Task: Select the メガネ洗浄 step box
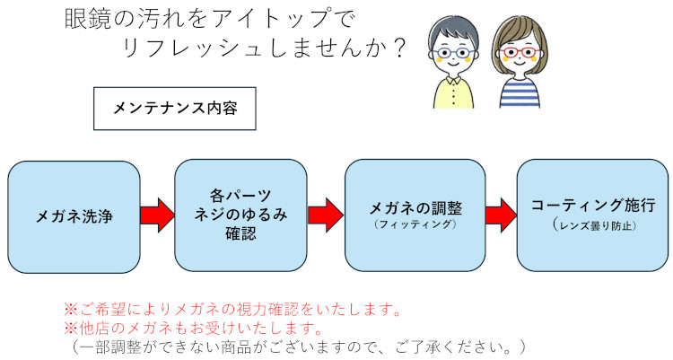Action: coord(74,215)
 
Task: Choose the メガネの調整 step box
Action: coord(415,215)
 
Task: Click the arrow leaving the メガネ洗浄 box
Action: coord(158,215)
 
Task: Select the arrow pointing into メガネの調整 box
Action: coord(326,215)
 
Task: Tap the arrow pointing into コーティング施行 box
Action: coord(500,215)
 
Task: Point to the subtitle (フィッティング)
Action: coord(415,224)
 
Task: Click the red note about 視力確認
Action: coord(232,310)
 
